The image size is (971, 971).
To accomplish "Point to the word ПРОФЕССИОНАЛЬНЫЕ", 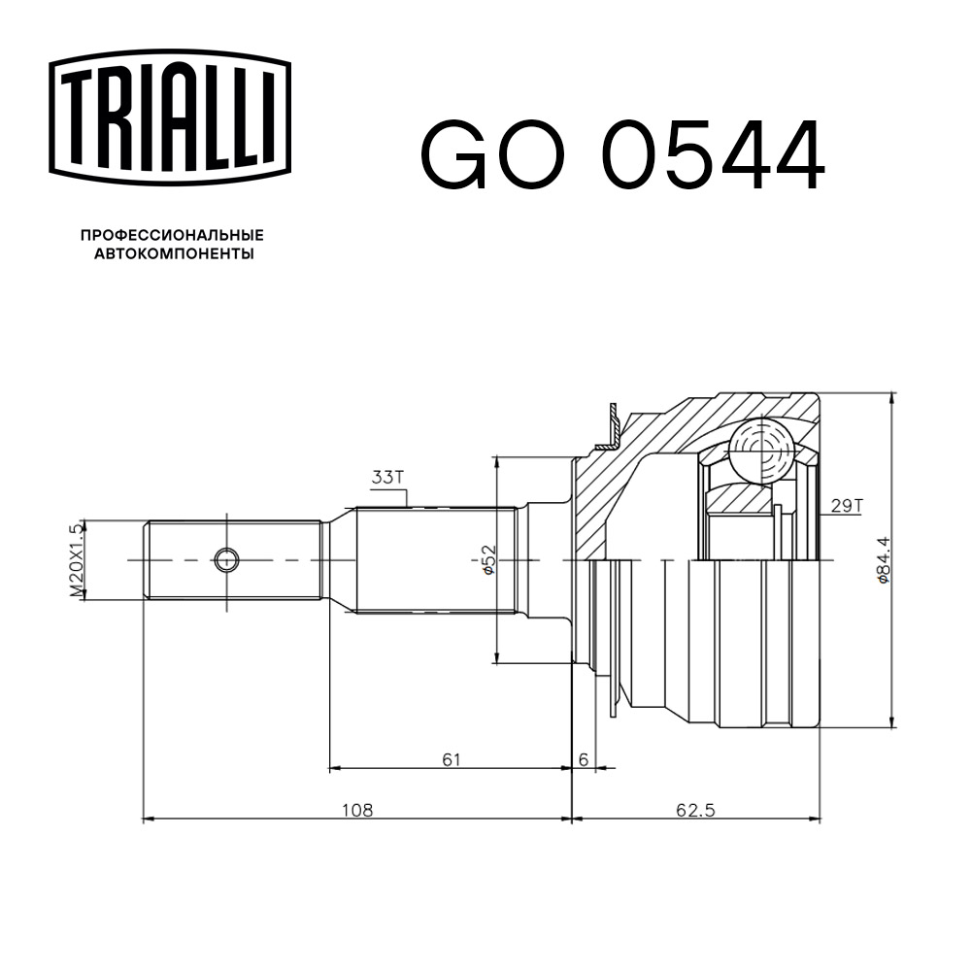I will coord(172,236).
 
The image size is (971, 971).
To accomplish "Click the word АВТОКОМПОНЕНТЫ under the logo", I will coord(172,254).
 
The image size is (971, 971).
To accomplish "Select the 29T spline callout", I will coord(847,504).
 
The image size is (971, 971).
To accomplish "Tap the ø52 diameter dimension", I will coord(489,559).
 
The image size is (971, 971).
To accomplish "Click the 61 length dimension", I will coord(450,758).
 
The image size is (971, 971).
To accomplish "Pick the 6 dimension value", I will coord(583,758).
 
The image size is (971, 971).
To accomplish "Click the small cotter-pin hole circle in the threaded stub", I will coord(225,559).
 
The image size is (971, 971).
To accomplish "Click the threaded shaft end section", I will coord(233,560).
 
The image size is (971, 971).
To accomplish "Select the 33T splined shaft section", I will coord(434,560).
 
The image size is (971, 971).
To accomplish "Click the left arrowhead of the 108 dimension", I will coord(149,820).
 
